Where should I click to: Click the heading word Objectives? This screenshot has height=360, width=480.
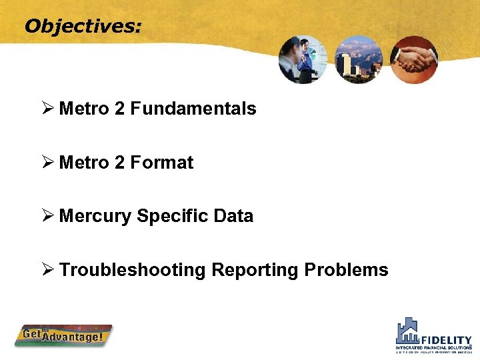coord(83,26)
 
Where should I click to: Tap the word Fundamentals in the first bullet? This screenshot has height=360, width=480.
coord(193,109)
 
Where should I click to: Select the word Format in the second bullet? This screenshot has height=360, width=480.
coord(162,163)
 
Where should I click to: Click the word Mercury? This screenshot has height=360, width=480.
coord(95,216)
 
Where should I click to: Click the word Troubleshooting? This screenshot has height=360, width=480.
coord(132,270)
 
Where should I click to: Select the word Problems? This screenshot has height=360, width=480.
coord(346,270)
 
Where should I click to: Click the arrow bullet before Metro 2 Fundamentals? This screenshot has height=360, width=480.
coord(47,108)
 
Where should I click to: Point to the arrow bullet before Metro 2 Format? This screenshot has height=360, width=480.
coord(47,162)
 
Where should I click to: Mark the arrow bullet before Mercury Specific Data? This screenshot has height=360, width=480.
coord(47,215)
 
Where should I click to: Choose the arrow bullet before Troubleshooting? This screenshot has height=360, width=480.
coord(47,269)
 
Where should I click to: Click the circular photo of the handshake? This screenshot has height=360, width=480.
coord(414,59)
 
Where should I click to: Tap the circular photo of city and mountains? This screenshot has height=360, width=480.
coord(359,59)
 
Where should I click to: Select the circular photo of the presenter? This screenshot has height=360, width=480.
coord(303,59)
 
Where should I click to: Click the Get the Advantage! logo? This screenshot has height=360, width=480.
coord(64,335)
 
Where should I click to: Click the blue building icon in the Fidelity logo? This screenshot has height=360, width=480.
coord(408,331)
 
